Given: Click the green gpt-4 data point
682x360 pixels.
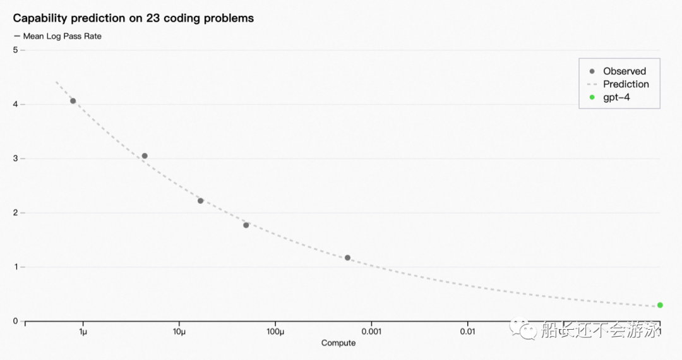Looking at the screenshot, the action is click(x=660, y=305).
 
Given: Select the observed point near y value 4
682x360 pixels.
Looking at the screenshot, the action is click(x=73, y=101).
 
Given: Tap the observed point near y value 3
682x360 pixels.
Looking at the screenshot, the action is click(x=145, y=155).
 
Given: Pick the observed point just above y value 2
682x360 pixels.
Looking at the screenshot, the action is click(x=201, y=201).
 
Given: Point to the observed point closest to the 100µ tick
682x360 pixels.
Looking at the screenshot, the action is click(x=246, y=225).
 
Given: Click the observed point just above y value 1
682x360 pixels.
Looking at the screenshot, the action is click(x=347, y=258).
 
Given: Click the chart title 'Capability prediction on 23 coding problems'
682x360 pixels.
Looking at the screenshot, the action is click(x=133, y=18).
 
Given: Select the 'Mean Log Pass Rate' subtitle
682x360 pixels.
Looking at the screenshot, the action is click(x=62, y=36).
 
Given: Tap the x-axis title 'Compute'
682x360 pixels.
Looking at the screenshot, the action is click(x=338, y=342).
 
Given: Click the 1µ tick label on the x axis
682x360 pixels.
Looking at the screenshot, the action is click(x=83, y=332).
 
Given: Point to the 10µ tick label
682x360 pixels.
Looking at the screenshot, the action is click(x=179, y=332).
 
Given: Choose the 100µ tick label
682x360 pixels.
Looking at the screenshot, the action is click(x=275, y=332).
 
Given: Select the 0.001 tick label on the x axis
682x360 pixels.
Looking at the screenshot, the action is click(x=371, y=332).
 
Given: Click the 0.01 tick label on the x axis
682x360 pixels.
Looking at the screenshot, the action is click(x=467, y=332).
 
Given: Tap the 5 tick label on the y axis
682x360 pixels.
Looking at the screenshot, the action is click(x=16, y=50).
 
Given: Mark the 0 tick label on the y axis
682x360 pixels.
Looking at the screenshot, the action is click(x=16, y=321).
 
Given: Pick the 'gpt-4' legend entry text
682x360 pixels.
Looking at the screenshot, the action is click(x=616, y=97).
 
